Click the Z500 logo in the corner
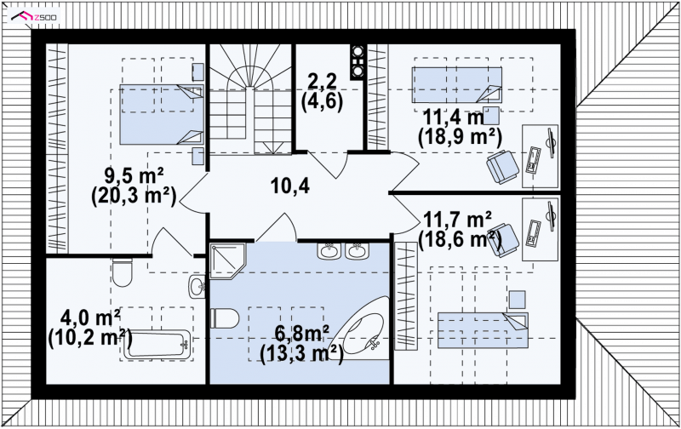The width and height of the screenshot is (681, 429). (34, 17)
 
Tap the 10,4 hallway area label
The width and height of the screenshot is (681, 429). (289, 186)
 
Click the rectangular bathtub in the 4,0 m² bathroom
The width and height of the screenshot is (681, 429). (157, 345)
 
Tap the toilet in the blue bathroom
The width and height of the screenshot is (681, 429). (225, 318)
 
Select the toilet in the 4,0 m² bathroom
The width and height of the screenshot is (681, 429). (122, 272)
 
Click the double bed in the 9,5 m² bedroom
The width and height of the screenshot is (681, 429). (162, 114)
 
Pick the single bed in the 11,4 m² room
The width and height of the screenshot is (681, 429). (457, 84)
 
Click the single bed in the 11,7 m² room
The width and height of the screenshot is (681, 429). (483, 330)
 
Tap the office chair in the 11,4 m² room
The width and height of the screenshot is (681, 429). (502, 167)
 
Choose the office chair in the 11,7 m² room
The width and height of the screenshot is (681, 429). (502, 240)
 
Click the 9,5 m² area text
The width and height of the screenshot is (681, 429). (134, 176)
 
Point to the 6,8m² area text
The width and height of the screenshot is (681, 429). (302, 335)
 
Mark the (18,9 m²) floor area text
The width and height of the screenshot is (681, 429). (460, 138)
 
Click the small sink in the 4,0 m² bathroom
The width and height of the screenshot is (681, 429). (197, 286)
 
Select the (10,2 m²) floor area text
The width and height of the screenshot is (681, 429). (90, 337)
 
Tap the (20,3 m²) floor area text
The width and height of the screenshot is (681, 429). (134, 196)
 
